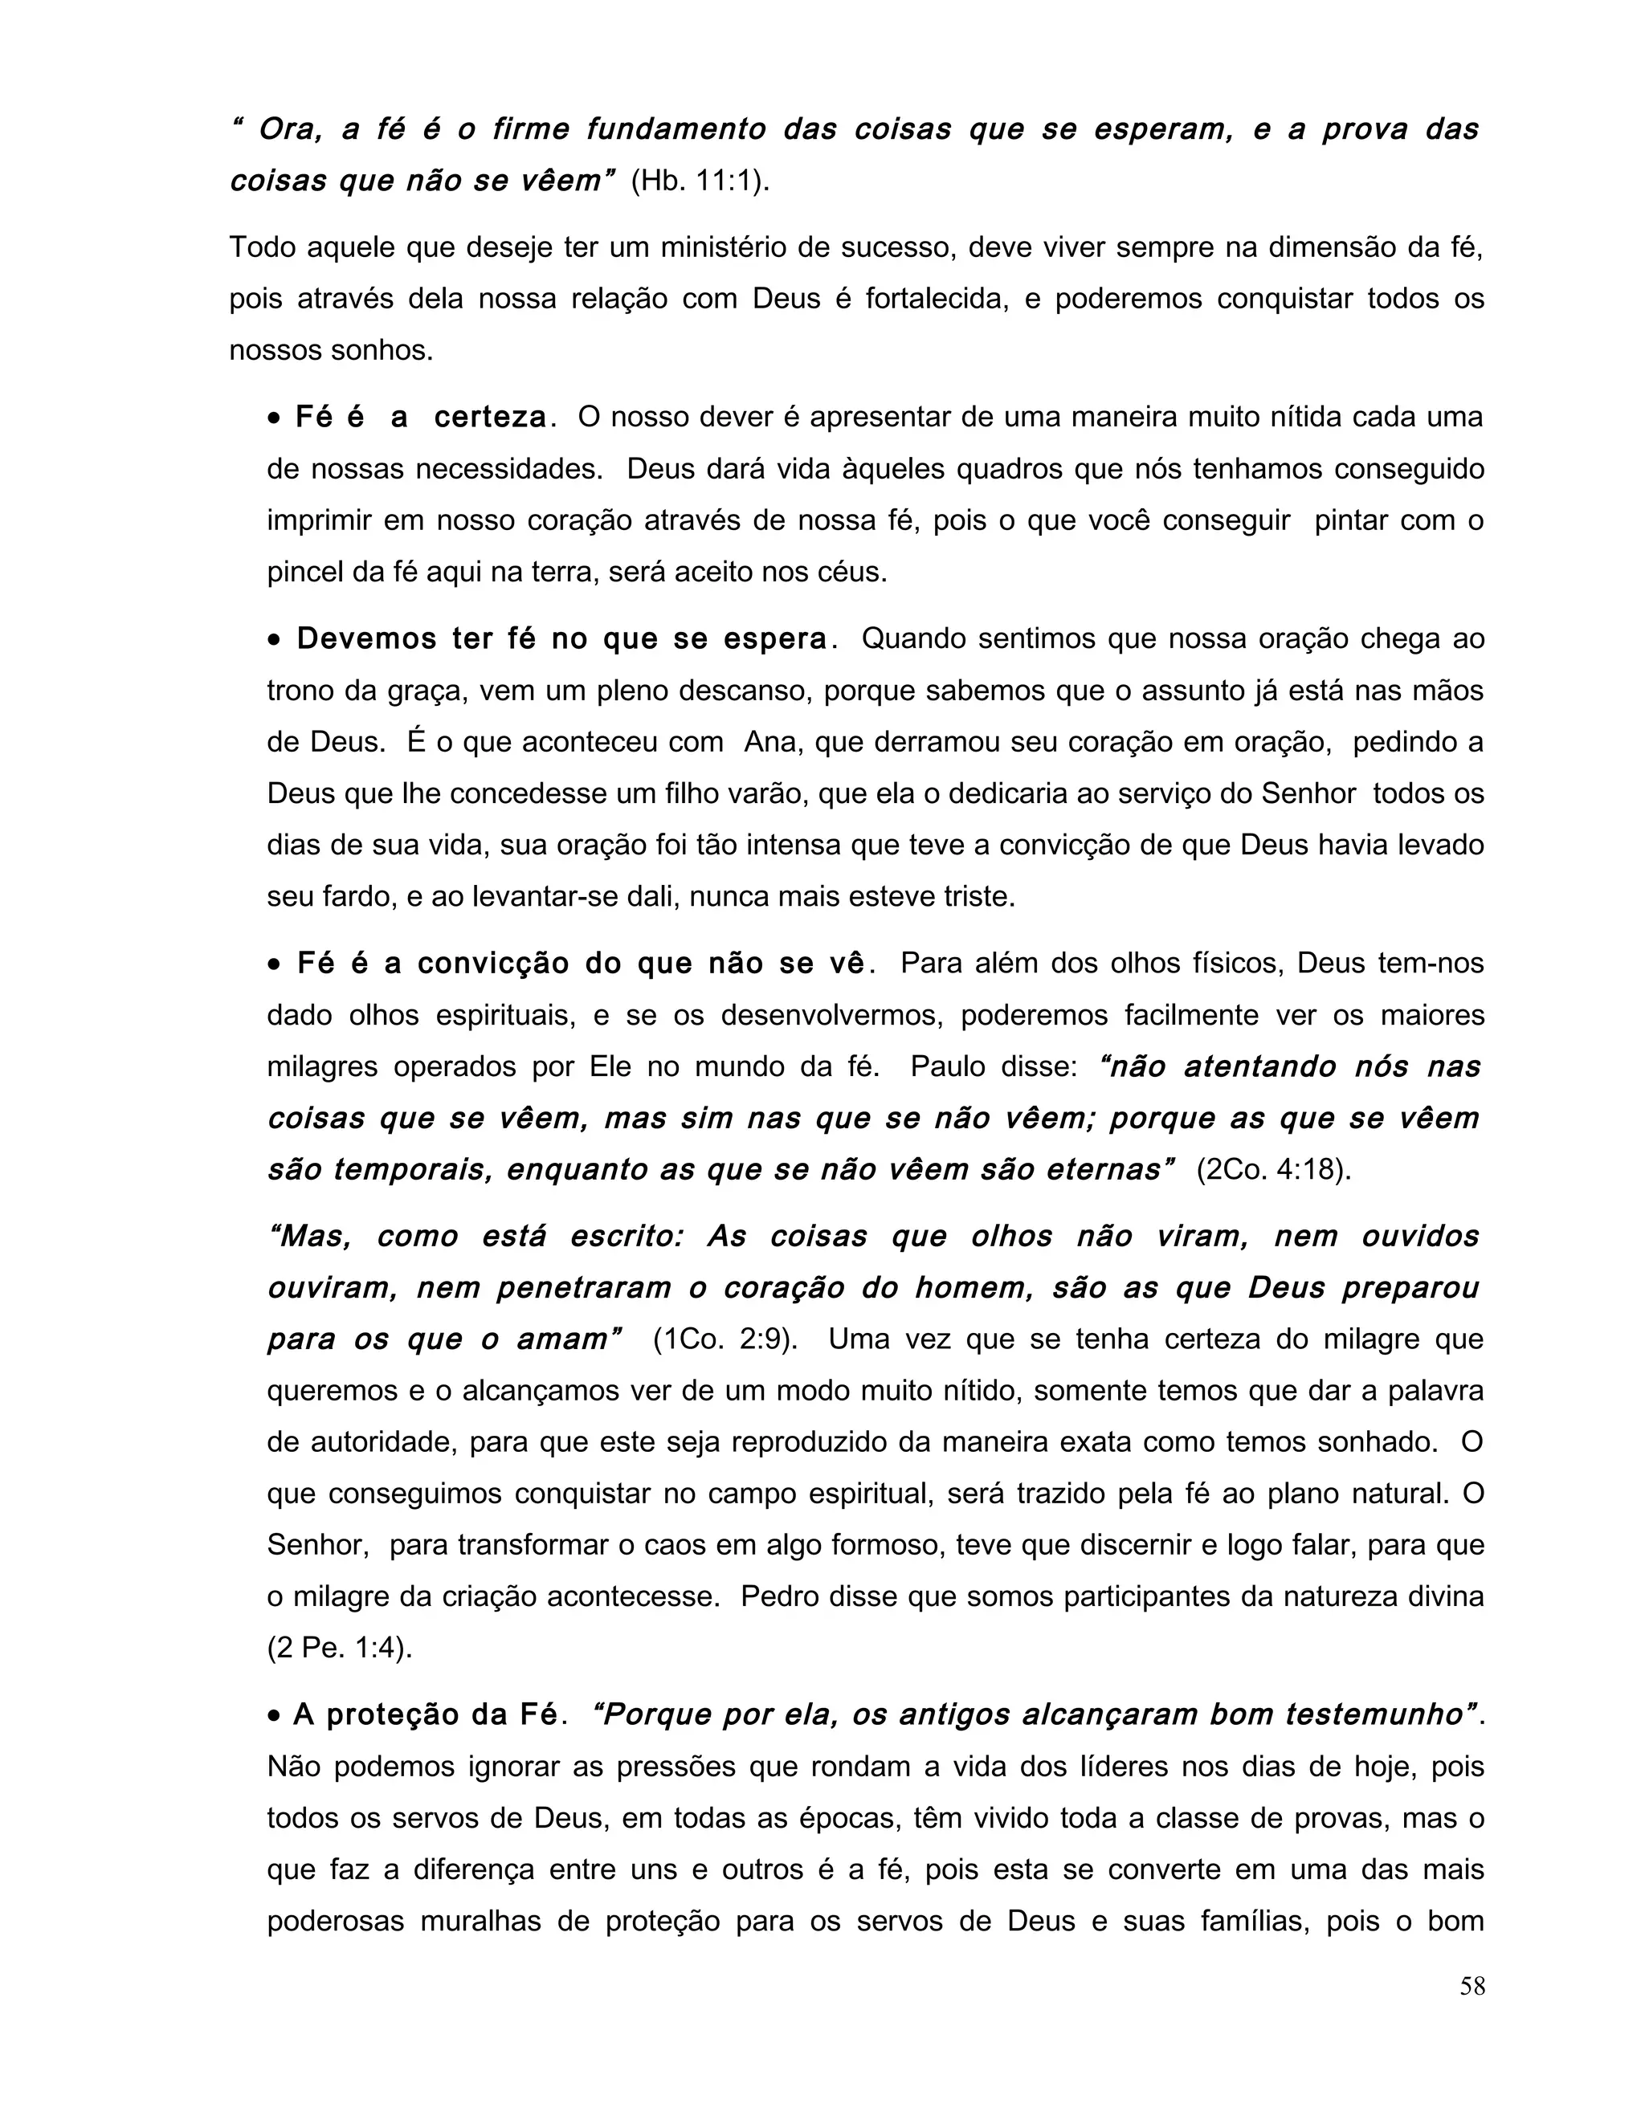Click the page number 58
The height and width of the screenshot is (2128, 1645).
[x=1472, y=1986]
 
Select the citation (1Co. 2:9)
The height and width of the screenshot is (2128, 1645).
[x=725, y=1339]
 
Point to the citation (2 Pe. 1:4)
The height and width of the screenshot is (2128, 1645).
[x=340, y=1648]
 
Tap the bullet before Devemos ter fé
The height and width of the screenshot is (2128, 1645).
[x=275, y=640]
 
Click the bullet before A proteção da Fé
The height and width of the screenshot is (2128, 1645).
[x=275, y=1715]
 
